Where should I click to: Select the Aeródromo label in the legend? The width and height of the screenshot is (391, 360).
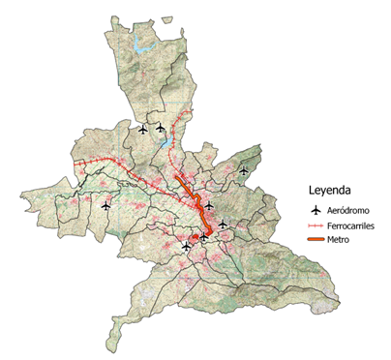348,210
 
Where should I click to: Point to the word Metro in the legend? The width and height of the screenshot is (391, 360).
339,239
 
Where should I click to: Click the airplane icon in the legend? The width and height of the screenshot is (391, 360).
314,210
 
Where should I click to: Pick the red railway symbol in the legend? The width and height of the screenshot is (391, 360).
314,225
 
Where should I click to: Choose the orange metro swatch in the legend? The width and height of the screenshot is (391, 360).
314,239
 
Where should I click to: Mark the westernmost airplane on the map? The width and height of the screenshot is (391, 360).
105,204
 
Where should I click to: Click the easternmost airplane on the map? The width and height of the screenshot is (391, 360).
244,171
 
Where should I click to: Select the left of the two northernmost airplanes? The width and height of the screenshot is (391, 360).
143,128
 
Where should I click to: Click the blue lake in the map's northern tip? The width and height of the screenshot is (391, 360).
146,45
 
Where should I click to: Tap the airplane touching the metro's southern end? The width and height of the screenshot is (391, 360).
204,234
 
